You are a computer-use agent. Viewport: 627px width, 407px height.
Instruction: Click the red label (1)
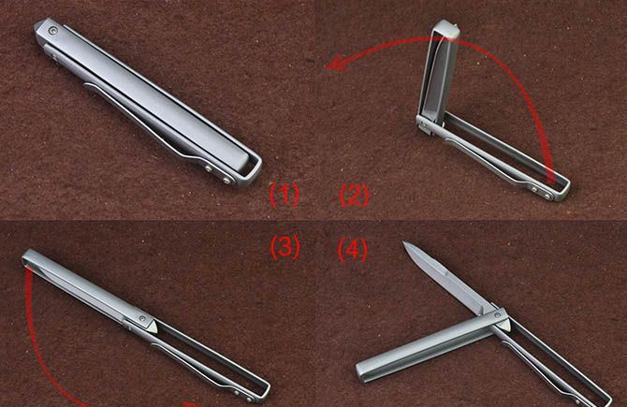(x=284, y=195)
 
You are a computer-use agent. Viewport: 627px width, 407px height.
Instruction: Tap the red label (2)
(x=355, y=196)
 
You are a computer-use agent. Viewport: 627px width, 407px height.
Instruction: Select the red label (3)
(x=284, y=247)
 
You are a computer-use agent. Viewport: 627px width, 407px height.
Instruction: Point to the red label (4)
(x=352, y=249)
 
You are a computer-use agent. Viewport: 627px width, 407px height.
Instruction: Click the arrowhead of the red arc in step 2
(x=335, y=64)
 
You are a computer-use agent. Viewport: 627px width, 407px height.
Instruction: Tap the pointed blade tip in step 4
(x=404, y=243)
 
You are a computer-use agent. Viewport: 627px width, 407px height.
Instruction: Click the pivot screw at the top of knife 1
(x=52, y=30)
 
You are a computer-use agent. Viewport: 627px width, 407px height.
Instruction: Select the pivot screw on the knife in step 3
(x=142, y=319)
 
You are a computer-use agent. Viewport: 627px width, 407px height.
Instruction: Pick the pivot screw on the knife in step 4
(x=497, y=315)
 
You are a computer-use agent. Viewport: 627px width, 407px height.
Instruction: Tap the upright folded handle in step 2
(x=438, y=72)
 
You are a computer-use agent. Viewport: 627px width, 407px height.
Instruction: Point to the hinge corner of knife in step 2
(x=424, y=124)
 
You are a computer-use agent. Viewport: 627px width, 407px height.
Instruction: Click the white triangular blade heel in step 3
(x=152, y=326)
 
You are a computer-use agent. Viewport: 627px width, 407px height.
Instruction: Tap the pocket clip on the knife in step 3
(x=200, y=368)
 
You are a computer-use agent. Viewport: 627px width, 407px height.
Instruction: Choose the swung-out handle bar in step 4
(x=431, y=346)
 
